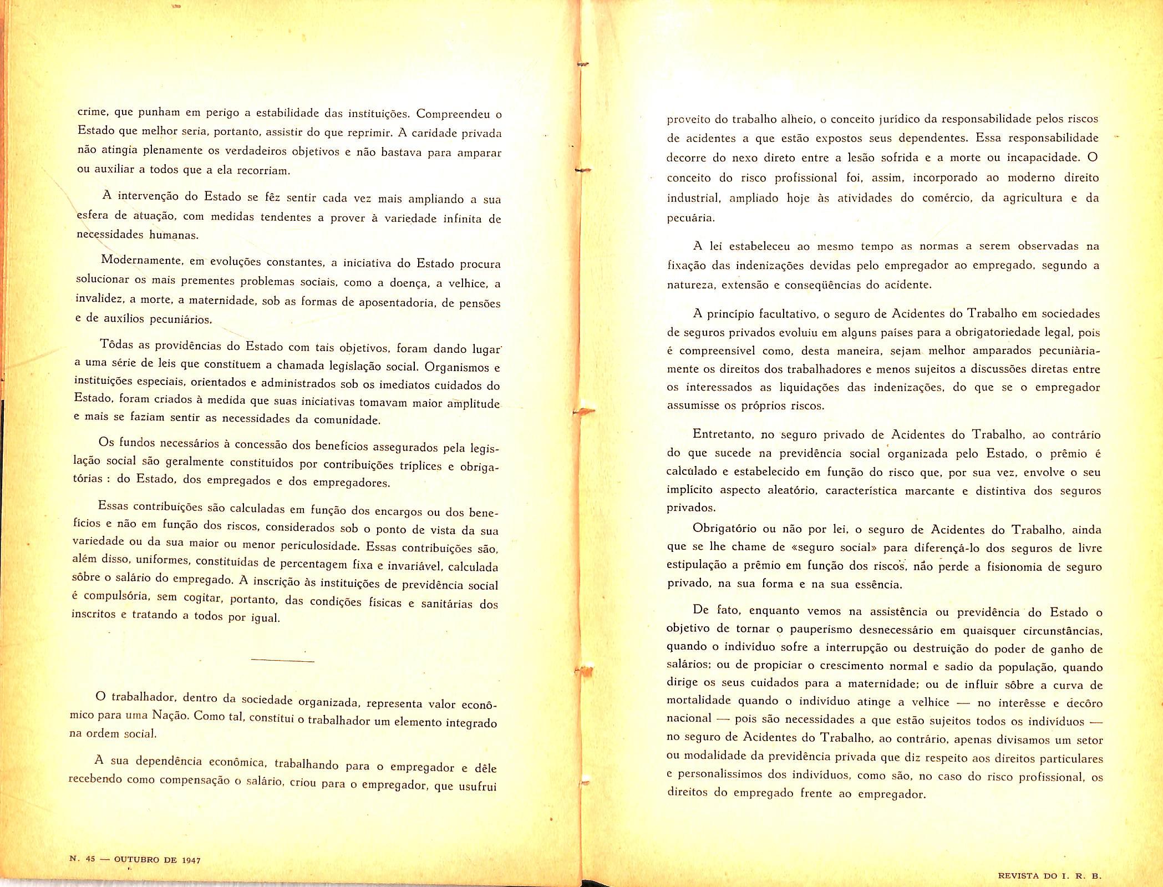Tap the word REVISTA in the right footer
click(1019, 876)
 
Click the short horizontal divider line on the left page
click(282, 661)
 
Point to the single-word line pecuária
click(690, 218)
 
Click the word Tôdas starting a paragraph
click(116, 344)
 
